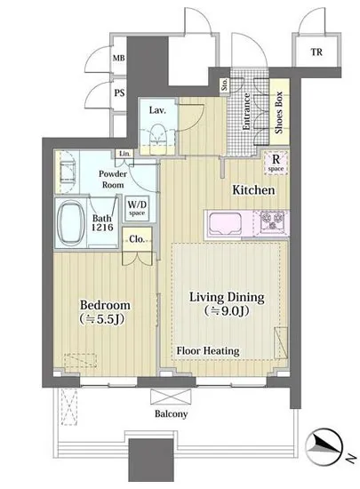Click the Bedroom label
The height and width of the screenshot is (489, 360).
pyautogui.click(x=105, y=305)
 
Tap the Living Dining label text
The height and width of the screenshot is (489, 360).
pyautogui.click(x=227, y=297)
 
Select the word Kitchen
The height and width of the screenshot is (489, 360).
pyautogui.click(x=253, y=190)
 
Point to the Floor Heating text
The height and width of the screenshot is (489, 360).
pyautogui.click(x=208, y=351)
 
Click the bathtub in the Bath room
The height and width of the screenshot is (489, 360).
pyautogui.click(x=72, y=222)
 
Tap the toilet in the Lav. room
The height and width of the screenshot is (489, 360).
pyautogui.click(x=157, y=140)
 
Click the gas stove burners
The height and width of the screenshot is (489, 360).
pyautogui.click(x=272, y=221)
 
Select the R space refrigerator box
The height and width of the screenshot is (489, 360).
pyautogui.click(x=276, y=163)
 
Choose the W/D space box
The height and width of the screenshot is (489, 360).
pyautogui.click(x=137, y=208)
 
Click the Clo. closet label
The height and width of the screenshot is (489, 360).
pyautogui.click(x=137, y=239)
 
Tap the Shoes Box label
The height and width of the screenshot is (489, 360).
pyautogui.click(x=278, y=112)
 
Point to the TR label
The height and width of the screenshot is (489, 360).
pyautogui.click(x=316, y=52)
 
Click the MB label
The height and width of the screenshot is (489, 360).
pyautogui.click(x=118, y=58)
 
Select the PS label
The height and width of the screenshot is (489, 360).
pyautogui.click(x=119, y=93)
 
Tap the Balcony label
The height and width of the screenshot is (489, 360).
pyautogui.click(x=172, y=413)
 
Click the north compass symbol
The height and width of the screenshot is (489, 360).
pyautogui.click(x=324, y=445)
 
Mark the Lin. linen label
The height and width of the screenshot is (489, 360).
pyautogui.click(x=125, y=154)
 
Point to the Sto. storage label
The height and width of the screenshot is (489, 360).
pyautogui.click(x=224, y=84)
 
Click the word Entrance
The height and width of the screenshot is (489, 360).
pyautogui.click(x=246, y=112)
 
